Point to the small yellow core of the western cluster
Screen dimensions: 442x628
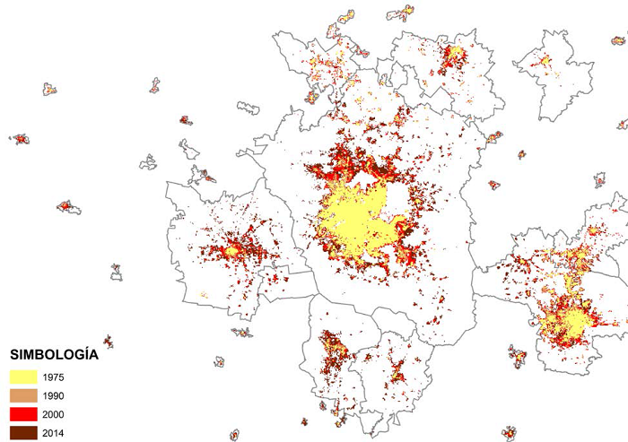point(234,252)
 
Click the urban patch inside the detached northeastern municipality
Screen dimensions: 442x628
point(545,61)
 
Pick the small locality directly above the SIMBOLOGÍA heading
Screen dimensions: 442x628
point(108,341)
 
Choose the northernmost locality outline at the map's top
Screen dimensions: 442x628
point(402,13)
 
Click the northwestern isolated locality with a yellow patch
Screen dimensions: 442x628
point(49,89)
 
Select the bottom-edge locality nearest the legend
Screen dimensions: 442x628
point(234,435)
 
